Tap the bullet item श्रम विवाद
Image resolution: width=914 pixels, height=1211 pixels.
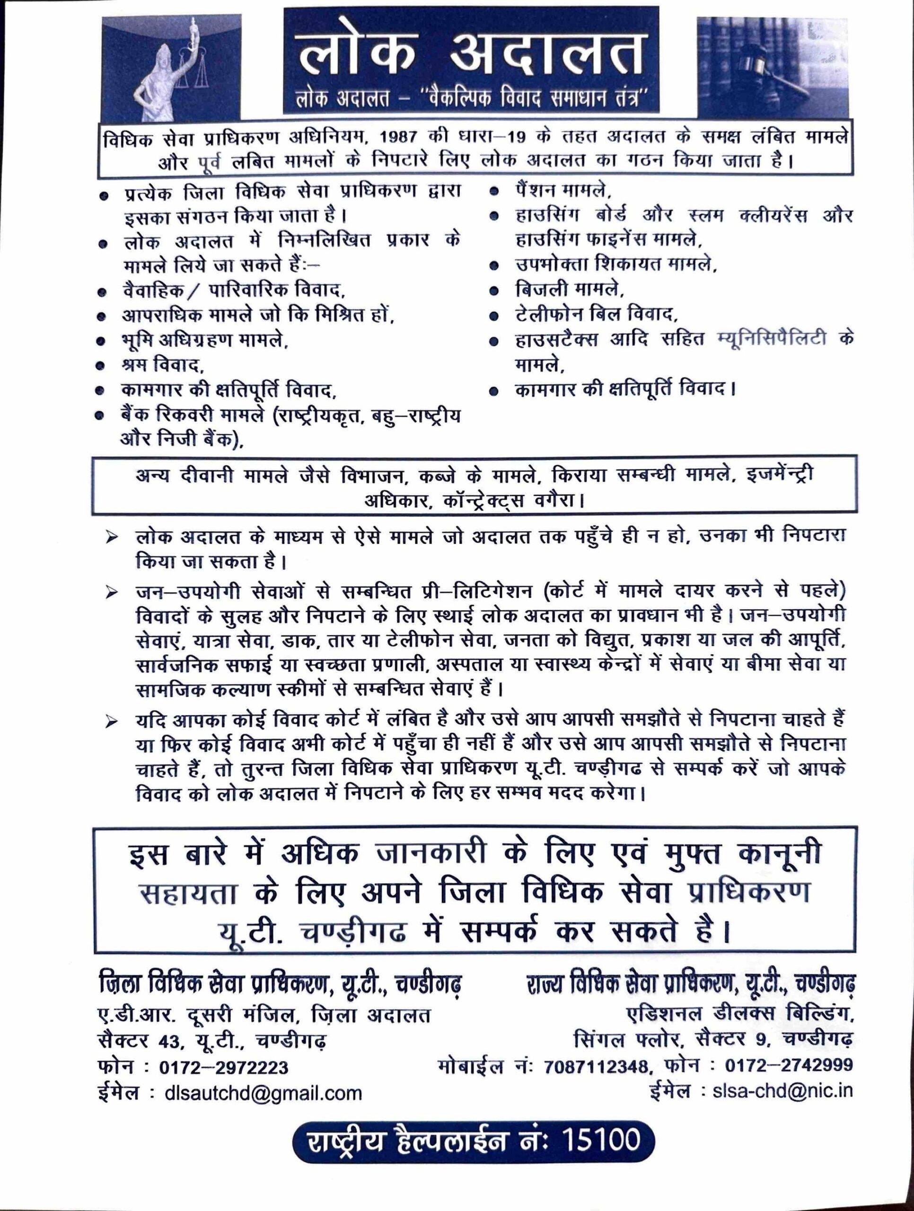tap(163, 364)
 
